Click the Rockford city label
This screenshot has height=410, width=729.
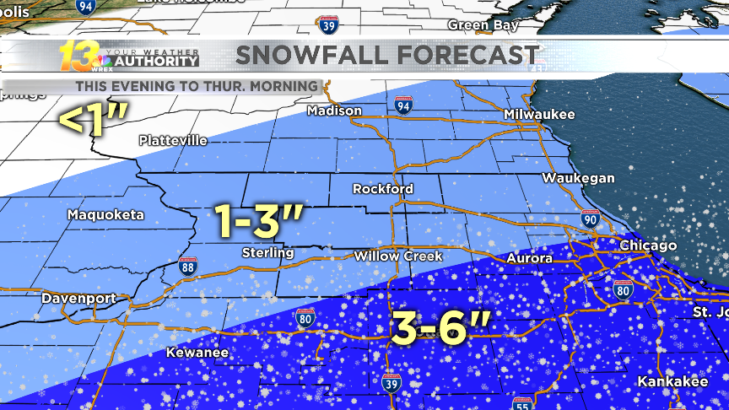(382, 188)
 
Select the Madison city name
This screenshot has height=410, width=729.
(334, 111)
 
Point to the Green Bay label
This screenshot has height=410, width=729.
(483, 25)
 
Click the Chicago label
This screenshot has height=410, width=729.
(648, 245)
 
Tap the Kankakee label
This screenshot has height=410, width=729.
(672, 381)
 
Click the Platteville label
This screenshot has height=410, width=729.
(171, 139)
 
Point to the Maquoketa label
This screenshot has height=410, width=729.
(105, 214)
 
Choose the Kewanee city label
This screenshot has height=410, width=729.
(197, 352)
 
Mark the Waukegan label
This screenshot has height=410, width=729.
(578, 178)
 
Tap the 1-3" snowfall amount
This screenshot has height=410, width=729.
(260, 221)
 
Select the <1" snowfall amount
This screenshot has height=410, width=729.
(91, 120)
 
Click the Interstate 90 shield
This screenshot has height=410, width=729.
(591, 219)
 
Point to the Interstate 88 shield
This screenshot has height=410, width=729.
(188, 266)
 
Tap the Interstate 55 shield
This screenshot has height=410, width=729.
(521, 403)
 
